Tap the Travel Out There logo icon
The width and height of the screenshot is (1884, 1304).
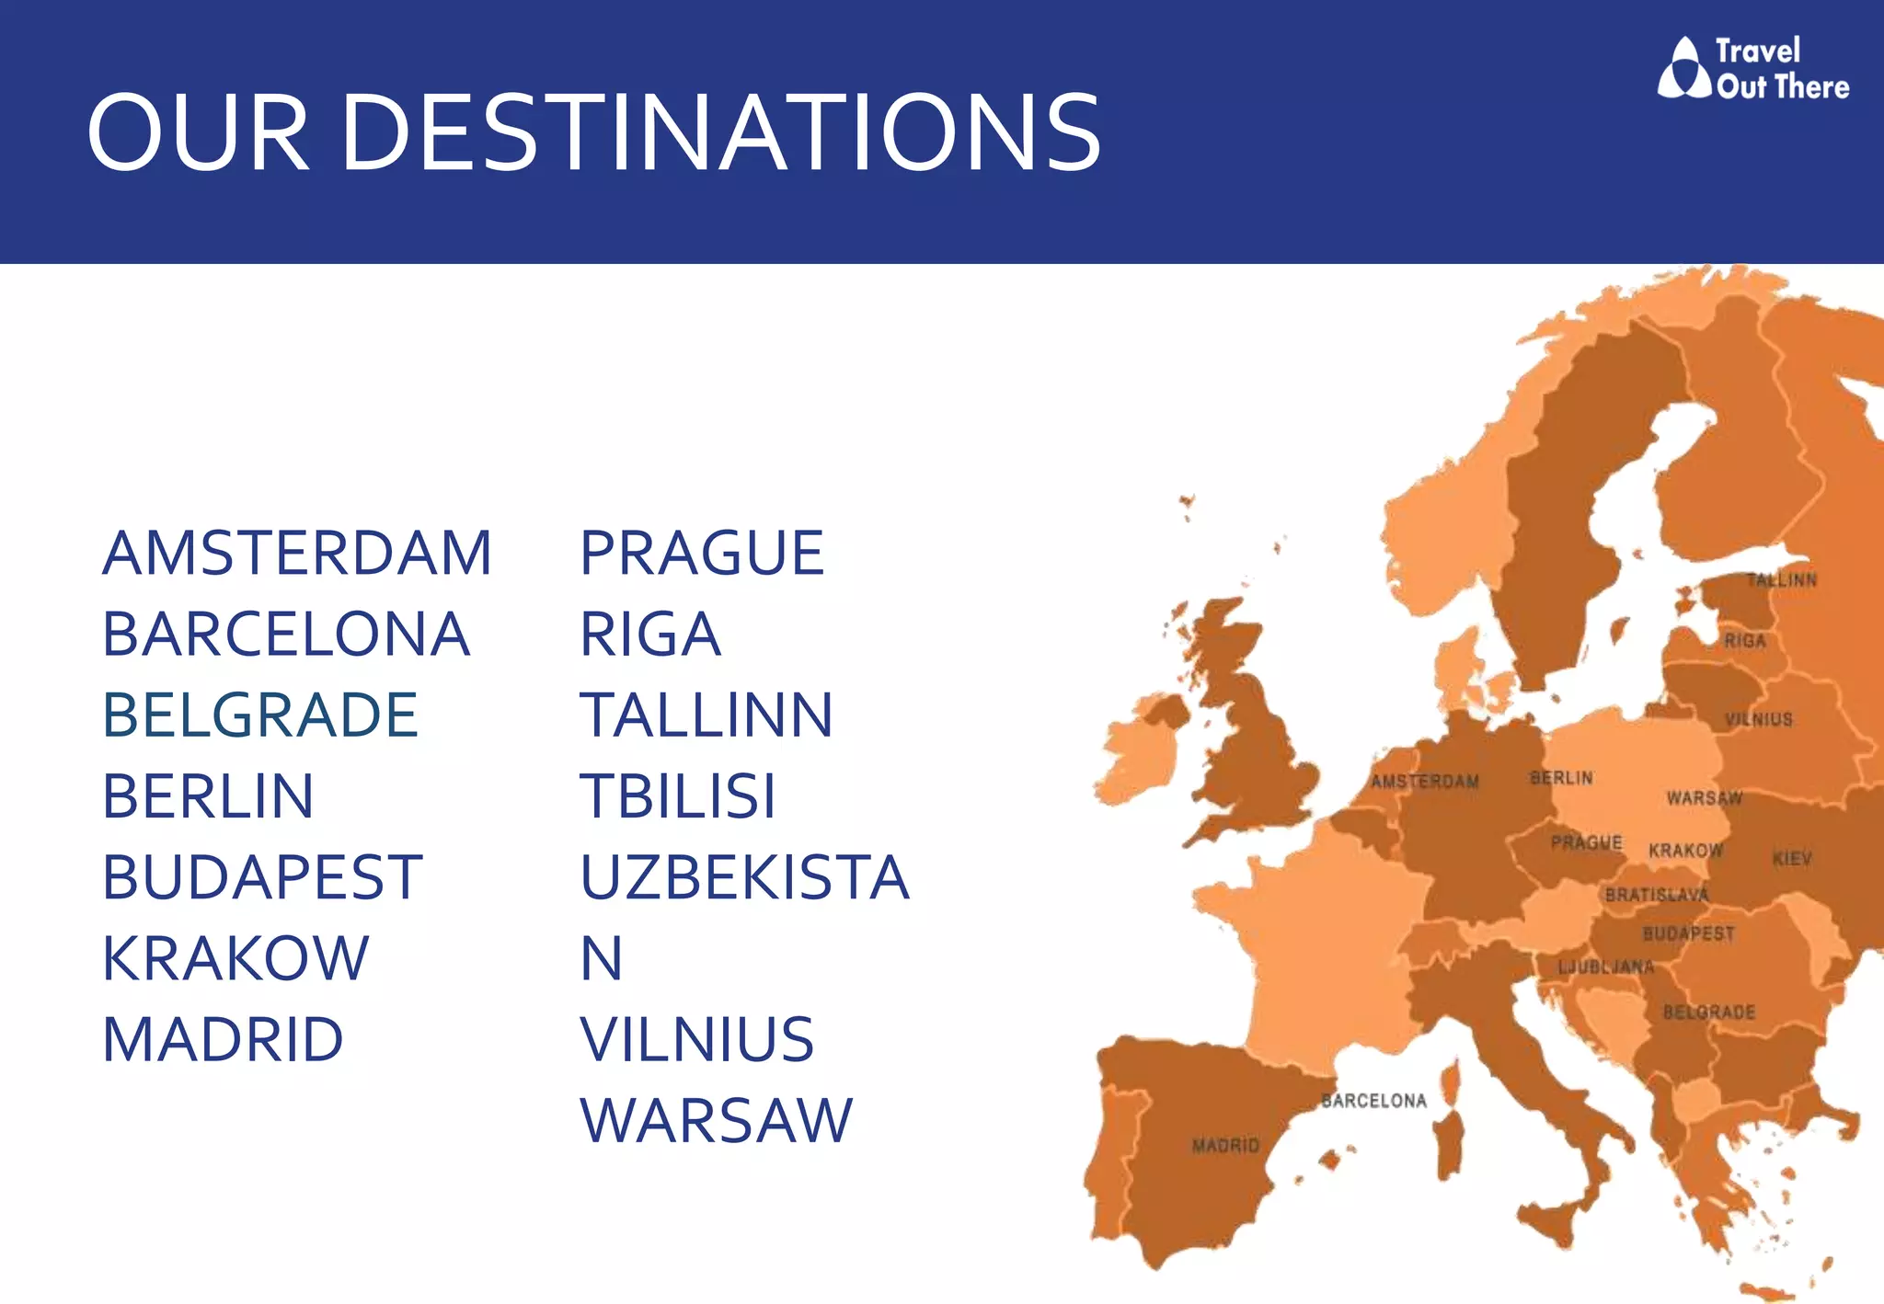(1683, 68)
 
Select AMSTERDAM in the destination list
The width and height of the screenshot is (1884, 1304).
(297, 554)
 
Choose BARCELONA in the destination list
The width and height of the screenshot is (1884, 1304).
(286, 635)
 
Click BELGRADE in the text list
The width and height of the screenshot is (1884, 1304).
(260, 715)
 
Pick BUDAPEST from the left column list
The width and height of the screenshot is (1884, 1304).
(262, 877)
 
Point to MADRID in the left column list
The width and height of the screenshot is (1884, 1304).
(223, 1040)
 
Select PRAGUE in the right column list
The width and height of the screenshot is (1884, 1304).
(702, 554)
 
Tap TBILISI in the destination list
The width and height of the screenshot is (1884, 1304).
(678, 796)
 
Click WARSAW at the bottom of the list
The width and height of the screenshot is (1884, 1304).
(717, 1121)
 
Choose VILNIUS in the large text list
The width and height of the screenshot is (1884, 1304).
(697, 1040)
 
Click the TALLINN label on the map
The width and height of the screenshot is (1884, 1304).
(1782, 580)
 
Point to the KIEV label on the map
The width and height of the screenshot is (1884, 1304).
(1792, 859)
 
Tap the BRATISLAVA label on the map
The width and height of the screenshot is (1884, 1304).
(1657, 895)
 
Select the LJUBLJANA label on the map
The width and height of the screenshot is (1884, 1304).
(1605, 967)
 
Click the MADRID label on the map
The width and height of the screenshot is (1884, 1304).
(1225, 1146)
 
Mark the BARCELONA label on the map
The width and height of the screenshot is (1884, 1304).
(1373, 1101)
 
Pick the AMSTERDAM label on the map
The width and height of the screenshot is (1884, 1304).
(1425, 782)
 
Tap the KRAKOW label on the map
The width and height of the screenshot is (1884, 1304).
(1685, 851)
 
